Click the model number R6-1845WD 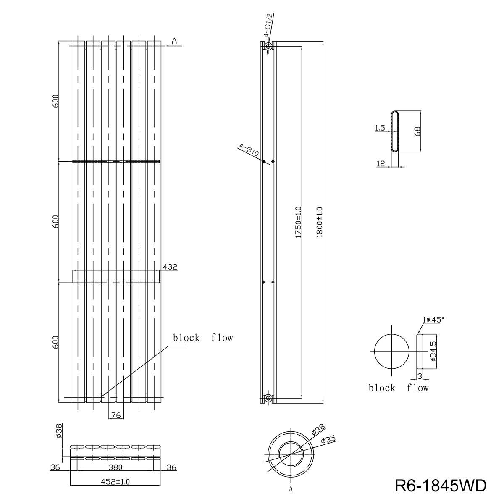coord(441,485)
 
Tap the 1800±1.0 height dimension coord(319,223)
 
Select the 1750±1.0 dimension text coord(298,223)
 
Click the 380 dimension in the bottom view coord(115,467)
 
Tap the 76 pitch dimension coord(116,415)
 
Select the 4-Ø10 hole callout coord(249,150)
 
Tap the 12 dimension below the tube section coord(381,164)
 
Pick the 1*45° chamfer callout coord(432,320)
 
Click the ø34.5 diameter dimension coord(433,352)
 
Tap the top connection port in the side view coord(268,47)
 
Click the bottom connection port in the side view coord(268,398)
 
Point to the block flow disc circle coord(391,352)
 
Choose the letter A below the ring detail coord(291,489)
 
